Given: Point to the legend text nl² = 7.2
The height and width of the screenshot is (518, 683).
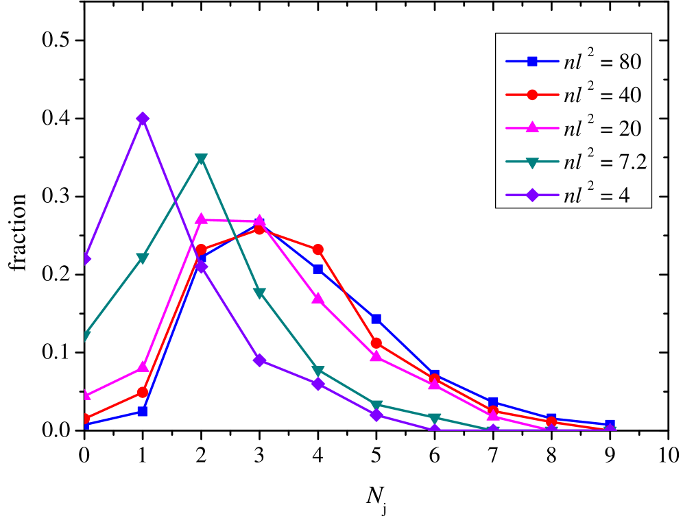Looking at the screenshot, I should pyautogui.click(x=605, y=162).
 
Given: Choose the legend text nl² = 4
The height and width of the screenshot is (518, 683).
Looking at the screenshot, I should pyautogui.click(x=596, y=195).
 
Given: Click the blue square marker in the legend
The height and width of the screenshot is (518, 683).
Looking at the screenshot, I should pyautogui.click(x=532, y=61).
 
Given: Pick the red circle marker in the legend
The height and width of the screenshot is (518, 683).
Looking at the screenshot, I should pyautogui.click(x=532, y=95).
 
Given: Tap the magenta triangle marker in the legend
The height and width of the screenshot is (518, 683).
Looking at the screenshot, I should pyautogui.click(x=532, y=128).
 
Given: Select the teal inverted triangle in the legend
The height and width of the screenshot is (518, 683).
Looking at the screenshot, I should pyautogui.click(x=532, y=162).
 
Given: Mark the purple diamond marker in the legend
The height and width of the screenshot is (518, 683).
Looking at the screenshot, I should pyautogui.click(x=532, y=195).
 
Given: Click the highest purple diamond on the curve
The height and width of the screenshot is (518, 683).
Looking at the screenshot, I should pyautogui.click(x=143, y=119).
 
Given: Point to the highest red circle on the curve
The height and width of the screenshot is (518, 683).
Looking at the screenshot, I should pyautogui.click(x=259, y=230).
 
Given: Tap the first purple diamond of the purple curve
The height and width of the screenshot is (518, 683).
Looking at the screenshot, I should pyautogui.click(x=85, y=259).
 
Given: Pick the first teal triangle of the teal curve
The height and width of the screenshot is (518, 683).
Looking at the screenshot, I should pyautogui.click(x=85, y=336).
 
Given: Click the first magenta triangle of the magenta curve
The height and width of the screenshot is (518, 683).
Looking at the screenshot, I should pyautogui.click(x=85, y=395).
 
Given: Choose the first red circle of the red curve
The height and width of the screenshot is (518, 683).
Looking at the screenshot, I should pyautogui.click(x=85, y=419).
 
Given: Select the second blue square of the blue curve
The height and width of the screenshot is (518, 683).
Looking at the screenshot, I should pyautogui.click(x=143, y=411).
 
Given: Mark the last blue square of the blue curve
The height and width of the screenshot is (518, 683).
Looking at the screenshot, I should pyautogui.click(x=610, y=425).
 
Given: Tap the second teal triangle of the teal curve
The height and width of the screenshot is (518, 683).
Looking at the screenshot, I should pyautogui.click(x=143, y=258).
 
